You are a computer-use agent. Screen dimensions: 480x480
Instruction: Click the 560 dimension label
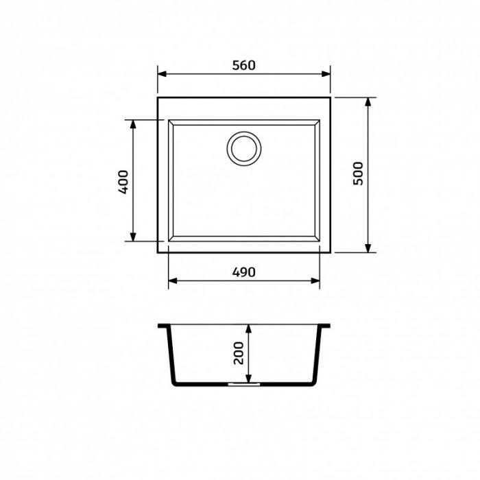(243, 65)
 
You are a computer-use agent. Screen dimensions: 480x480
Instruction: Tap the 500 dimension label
(358, 173)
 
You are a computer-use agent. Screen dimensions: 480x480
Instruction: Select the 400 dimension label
(123, 182)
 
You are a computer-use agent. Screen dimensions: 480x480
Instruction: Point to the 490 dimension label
(243, 272)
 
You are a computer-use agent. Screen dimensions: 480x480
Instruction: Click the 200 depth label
(239, 353)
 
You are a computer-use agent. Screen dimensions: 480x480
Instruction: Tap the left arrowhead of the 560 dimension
(162, 74)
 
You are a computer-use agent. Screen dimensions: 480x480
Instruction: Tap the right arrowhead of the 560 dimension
(326, 74)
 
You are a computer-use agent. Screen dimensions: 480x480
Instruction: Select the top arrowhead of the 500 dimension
(368, 101)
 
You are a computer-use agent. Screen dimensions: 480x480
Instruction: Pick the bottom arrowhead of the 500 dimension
(368, 248)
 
